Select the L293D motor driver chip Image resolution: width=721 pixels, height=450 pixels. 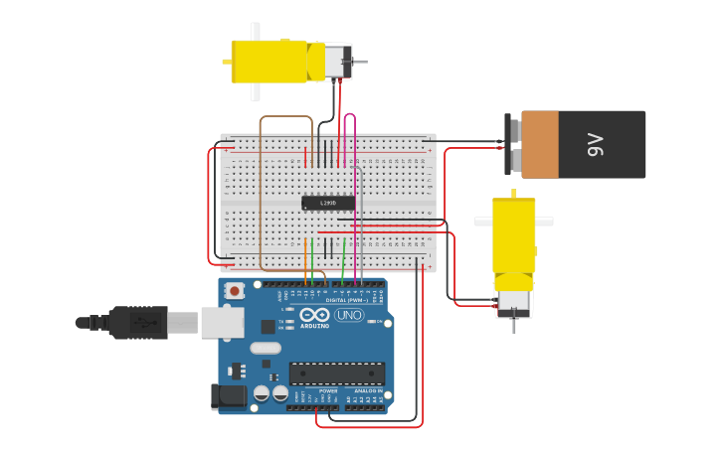pyautogui.click(x=328, y=203)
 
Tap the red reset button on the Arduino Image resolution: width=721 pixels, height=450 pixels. pyautogui.click(x=235, y=291)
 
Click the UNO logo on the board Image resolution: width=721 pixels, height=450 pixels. pyautogui.click(x=348, y=315)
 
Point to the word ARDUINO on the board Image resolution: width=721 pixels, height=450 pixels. pyautogui.click(x=314, y=325)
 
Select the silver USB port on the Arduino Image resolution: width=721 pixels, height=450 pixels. pyautogui.click(x=222, y=321)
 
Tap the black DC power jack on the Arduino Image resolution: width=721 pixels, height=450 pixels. pyautogui.click(x=230, y=397)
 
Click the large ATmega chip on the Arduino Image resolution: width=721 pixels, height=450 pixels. pyautogui.click(x=336, y=374)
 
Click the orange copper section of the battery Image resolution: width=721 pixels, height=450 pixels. pyautogui.click(x=540, y=144)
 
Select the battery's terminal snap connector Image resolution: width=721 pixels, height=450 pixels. pyautogui.click(x=513, y=144)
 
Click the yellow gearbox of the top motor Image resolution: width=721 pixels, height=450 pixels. pyautogui.click(x=269, y=61)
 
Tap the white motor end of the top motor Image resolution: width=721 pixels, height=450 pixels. pyautogui.click(x=332, y=61)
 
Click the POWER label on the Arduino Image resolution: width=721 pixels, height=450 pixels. pyautogui.click(x=327, y=391)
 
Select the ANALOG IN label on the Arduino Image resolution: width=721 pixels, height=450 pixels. pyautogui.click(x=369, y=391)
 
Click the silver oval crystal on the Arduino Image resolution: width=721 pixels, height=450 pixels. pyautogui.click(x=266, y=348)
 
